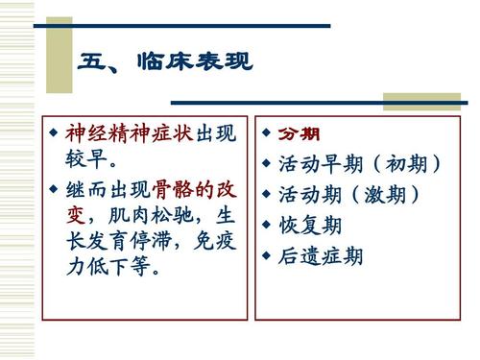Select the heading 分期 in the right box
tap(299, 133)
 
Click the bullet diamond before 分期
tap(266, 132)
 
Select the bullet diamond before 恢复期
tap(266, 227)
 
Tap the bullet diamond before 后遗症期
tap(266, 257)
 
